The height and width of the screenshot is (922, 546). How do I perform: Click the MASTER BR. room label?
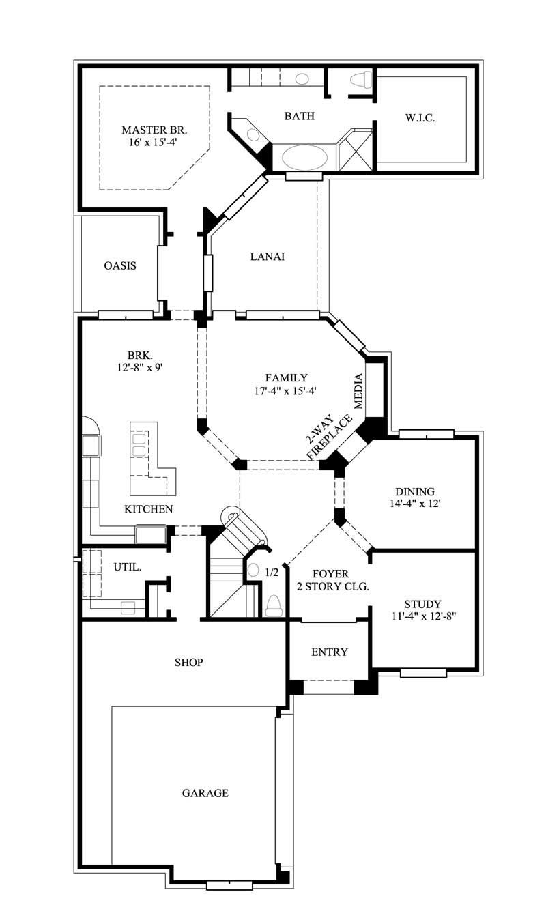154,130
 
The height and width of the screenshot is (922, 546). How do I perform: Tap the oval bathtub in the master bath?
304,157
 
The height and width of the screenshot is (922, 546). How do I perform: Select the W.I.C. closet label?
420,118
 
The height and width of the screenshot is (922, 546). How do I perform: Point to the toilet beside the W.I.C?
360,80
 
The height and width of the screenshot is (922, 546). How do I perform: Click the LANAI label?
267,257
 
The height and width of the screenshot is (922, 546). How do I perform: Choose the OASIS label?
120,265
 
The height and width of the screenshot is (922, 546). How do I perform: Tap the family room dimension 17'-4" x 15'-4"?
286,391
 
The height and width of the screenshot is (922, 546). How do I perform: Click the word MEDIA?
358,390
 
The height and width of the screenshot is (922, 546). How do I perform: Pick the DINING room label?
415,491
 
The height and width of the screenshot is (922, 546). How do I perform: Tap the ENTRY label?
330,652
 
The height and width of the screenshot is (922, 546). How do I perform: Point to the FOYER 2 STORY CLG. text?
330,580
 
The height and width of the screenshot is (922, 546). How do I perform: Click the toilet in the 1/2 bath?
274,605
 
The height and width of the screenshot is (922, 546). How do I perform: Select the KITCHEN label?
148,509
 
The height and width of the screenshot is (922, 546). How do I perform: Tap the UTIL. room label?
128,566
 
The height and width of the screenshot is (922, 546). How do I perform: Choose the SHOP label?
188,662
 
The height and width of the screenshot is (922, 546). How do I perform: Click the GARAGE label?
205,793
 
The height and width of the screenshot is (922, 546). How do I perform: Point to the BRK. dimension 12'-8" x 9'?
139,366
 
